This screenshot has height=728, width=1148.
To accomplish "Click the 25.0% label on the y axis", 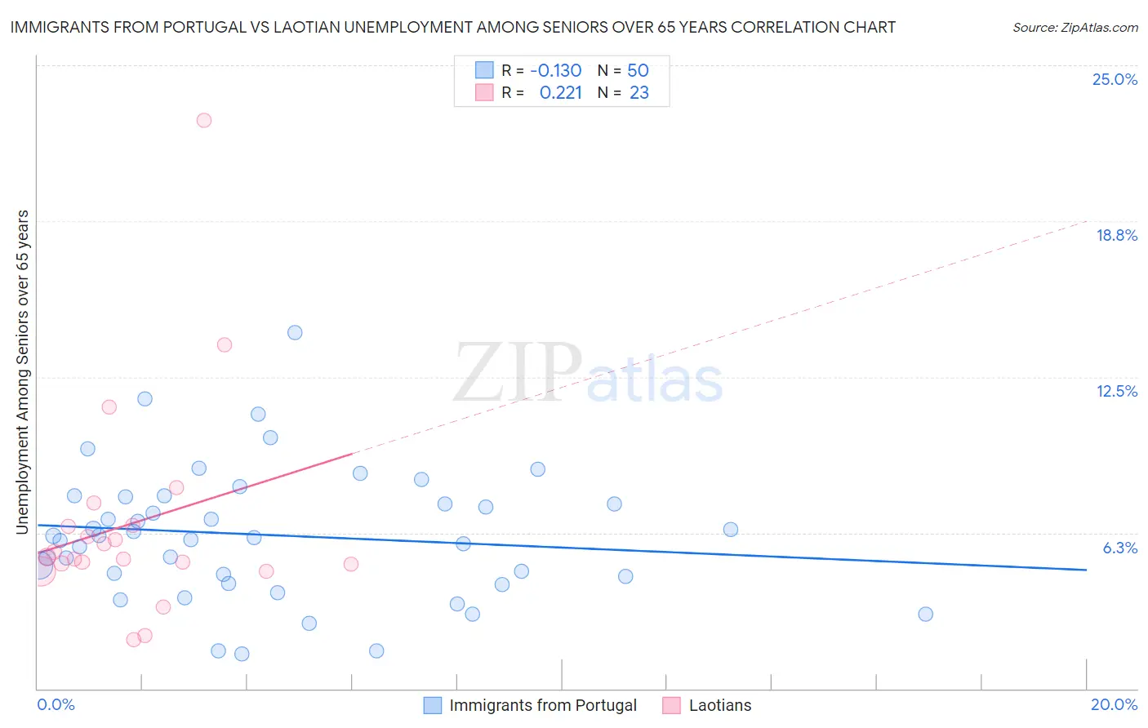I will click(x=1115, y=79).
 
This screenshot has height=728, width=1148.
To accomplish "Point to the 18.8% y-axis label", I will click(x=1116, y=235).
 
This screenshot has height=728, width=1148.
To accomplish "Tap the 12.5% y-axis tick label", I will click(x=1116, y=391).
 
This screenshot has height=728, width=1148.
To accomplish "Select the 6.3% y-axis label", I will click(x=1119, y=548).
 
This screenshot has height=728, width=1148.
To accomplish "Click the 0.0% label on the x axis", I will click(x=56, y=704).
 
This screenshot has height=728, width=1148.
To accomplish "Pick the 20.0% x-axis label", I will click(x=1114, y=704).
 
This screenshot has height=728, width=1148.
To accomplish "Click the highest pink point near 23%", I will click(x=204, y=120).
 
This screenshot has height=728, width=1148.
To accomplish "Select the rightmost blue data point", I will click(x=925, y=614).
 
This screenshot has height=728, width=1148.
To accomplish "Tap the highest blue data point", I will click(x=295, y=332).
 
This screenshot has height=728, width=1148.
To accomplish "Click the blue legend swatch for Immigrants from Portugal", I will click(x=433, y=705).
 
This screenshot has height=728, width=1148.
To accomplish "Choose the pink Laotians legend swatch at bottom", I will click(x=671, y=705).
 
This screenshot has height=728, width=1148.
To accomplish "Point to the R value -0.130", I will click(x=555, y=70).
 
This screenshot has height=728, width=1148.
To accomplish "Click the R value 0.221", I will click(x=560, y=93).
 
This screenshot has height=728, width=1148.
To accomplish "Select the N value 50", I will click(x=638, y=70).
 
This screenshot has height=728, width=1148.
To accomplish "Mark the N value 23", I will click(x=639, y=93).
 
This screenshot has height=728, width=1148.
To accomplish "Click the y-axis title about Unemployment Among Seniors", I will click(x=23, y=372).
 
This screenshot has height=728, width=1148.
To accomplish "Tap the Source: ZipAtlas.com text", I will click(x=1075, y=27).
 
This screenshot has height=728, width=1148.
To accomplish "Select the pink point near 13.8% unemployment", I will click(x=225, y=344).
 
